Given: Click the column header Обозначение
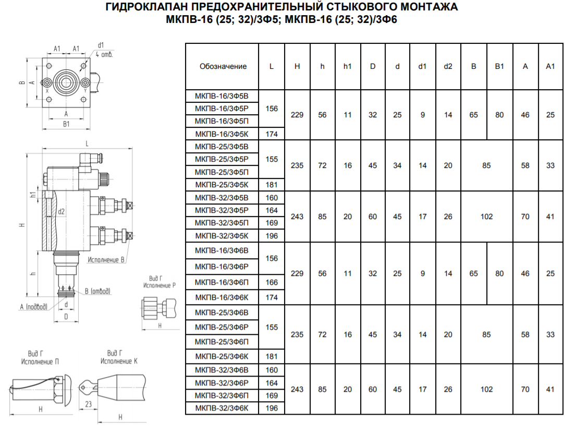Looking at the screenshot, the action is point(223,66).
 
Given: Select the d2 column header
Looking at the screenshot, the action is point(448,66).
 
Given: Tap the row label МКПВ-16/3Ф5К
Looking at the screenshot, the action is point(222,134).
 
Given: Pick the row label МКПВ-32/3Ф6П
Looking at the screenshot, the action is point(222,395).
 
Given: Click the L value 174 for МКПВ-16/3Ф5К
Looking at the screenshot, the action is point(272,134).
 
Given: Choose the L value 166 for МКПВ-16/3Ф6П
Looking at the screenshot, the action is point(272,282).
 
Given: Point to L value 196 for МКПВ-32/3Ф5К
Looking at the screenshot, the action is point(272,236).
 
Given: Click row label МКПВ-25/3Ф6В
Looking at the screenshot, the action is point(222,312).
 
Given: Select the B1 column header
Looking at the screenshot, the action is point(499,66).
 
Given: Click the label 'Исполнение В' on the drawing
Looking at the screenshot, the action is point(106,260).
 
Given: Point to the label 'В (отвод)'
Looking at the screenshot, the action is point(97,291).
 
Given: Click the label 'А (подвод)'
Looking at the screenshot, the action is point(33,307).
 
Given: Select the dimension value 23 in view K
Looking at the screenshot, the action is point(89,404).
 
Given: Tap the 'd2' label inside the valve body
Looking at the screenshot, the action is point(62,212).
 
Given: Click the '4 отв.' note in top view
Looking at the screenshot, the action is point(104,54).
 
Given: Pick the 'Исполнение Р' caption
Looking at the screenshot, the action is point(159,285).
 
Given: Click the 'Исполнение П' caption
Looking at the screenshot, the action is point(40,361).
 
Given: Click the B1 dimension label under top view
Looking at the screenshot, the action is point(66,124).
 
